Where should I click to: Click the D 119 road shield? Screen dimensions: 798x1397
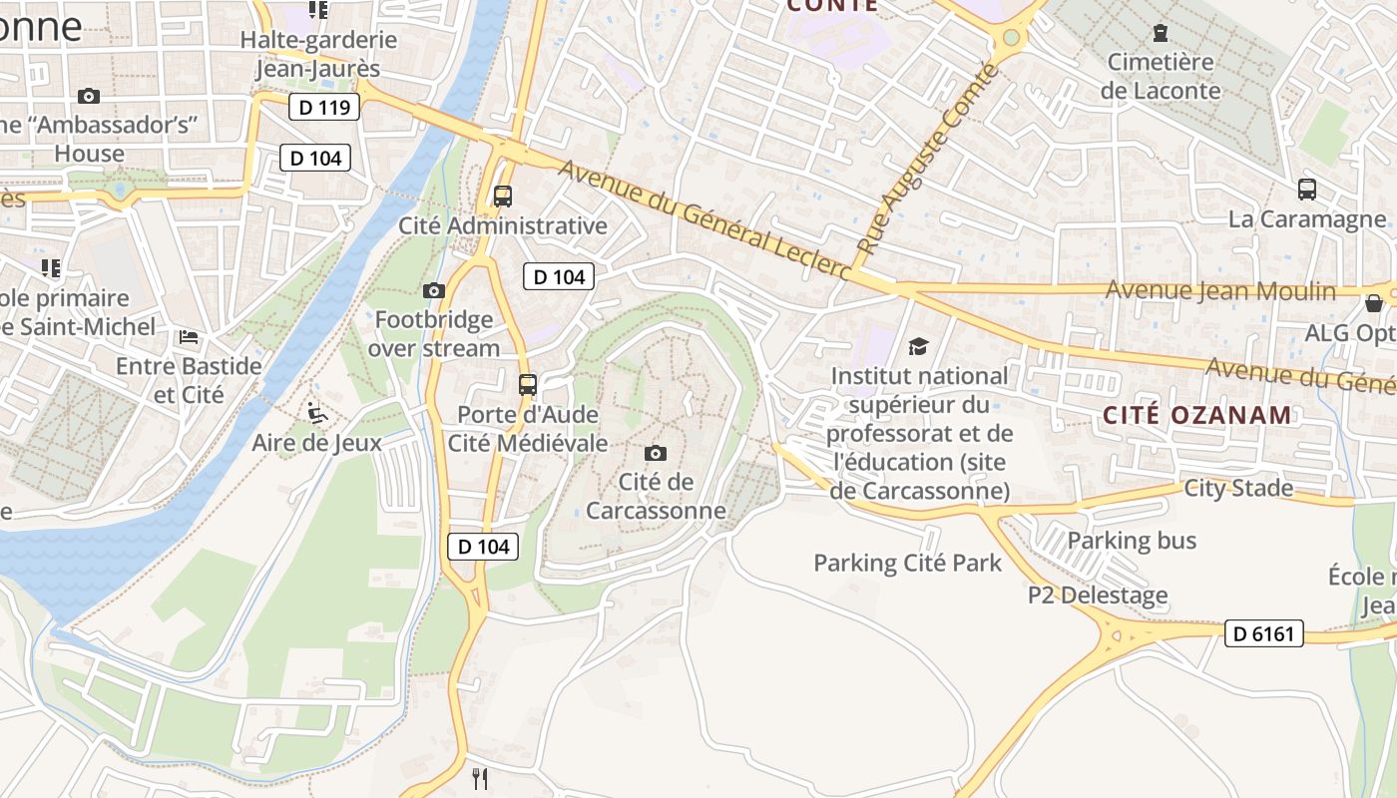pyautogui.click(x=324, y=107)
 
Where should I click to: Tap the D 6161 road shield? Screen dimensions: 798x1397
pyautogui.click(x=1263, y=633)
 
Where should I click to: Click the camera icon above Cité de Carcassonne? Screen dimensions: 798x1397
pyautogui.click(x=656, y=454)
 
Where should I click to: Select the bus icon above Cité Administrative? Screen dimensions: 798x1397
pyautogui.click(x=503, y=197)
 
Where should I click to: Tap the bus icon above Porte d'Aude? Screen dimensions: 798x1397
pyautogui.click(x=528, y=385)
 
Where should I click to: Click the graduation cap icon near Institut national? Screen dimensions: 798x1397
pyautogui.click(x=918, y=347)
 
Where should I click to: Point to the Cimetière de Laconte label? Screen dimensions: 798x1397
pyautogui.click(x=1160, y=76)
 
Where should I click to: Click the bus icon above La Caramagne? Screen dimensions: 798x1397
pyautogui.click(x=1307, y=190)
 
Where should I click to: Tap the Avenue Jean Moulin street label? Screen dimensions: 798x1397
pyautogui.click(x=1220, y=291)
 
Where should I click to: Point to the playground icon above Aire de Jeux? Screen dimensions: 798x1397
pyautogui.click(x=317, y=412)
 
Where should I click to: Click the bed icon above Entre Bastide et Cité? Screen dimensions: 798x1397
pyautogui.click(x=188, y=337)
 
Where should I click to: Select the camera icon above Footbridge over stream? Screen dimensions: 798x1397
pyautogui.click(x=434, y=291)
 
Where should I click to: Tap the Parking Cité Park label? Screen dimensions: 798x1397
pyautogui.click(x=907, y=563)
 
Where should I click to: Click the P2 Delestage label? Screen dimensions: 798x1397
pyautogui.click(x=1098, y=596)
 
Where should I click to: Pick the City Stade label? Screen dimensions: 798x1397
pyautogui.click(x=1238, y=489)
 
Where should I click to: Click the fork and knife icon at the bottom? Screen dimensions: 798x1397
pyautogui.click(x=480, y=778)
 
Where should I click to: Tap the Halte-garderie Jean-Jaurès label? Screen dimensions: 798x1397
pyautogui.click(x=318, y=55)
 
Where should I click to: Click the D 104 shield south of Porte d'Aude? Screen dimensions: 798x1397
pyautogui.click(x=483, y=547)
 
